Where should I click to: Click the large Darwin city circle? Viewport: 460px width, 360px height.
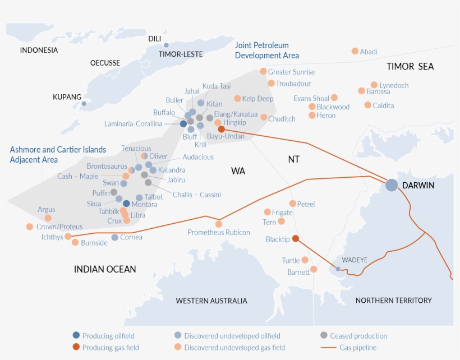coord(392,184)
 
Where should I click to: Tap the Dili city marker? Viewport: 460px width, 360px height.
coord(166,45)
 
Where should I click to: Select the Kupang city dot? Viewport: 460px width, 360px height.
coord(84,103)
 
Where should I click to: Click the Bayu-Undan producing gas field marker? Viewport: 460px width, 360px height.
coord(222,129)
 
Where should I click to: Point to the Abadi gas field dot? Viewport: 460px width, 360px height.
coord(355,51)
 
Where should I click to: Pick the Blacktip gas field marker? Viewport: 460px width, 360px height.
coord(295,238)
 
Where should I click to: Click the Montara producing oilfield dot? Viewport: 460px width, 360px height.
coord(126,204)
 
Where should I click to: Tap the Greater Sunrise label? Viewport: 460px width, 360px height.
coord(291,72)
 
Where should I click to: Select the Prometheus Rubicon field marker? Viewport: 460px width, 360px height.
coord(219,224)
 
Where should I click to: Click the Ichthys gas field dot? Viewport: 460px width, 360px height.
coord(68,236)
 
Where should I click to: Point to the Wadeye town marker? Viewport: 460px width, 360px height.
coord(338,269)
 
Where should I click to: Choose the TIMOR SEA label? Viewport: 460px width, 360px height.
coord(410,67)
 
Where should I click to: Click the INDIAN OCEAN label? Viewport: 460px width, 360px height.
coord(105,269)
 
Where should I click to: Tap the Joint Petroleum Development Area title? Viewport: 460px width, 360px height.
coord(266,50)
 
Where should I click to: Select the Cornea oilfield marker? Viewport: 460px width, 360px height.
coord(114,237)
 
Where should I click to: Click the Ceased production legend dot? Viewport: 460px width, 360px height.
coord(324,335)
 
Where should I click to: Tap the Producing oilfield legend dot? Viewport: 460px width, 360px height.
coord(76,335)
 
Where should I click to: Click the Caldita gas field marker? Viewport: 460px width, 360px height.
coord(367,105)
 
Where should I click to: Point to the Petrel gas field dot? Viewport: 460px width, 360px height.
coord(292,204)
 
